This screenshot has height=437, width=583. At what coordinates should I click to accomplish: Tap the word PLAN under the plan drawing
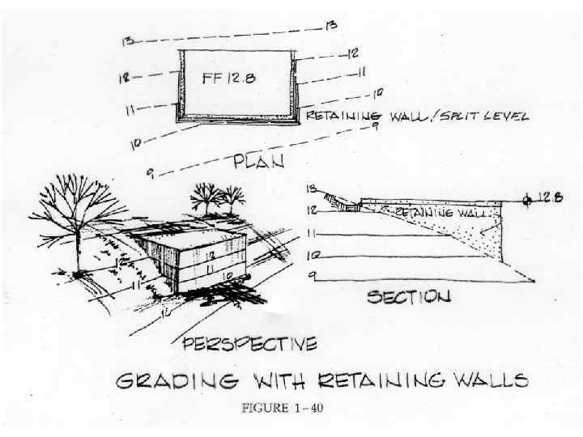(x=258, y=162)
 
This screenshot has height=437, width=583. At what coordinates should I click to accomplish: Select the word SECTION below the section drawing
(x=409, y=297)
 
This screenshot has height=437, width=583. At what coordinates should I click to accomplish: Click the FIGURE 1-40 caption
(x=282, y=407)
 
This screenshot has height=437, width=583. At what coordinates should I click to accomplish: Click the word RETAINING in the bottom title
(x=367, y=380)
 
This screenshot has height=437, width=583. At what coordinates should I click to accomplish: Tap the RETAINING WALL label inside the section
(x=433, y=212)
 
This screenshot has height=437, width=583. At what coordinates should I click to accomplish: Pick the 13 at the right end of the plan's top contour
(x=331, y=27)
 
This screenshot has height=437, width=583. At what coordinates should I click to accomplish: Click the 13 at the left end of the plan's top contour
(x=128, y=41)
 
